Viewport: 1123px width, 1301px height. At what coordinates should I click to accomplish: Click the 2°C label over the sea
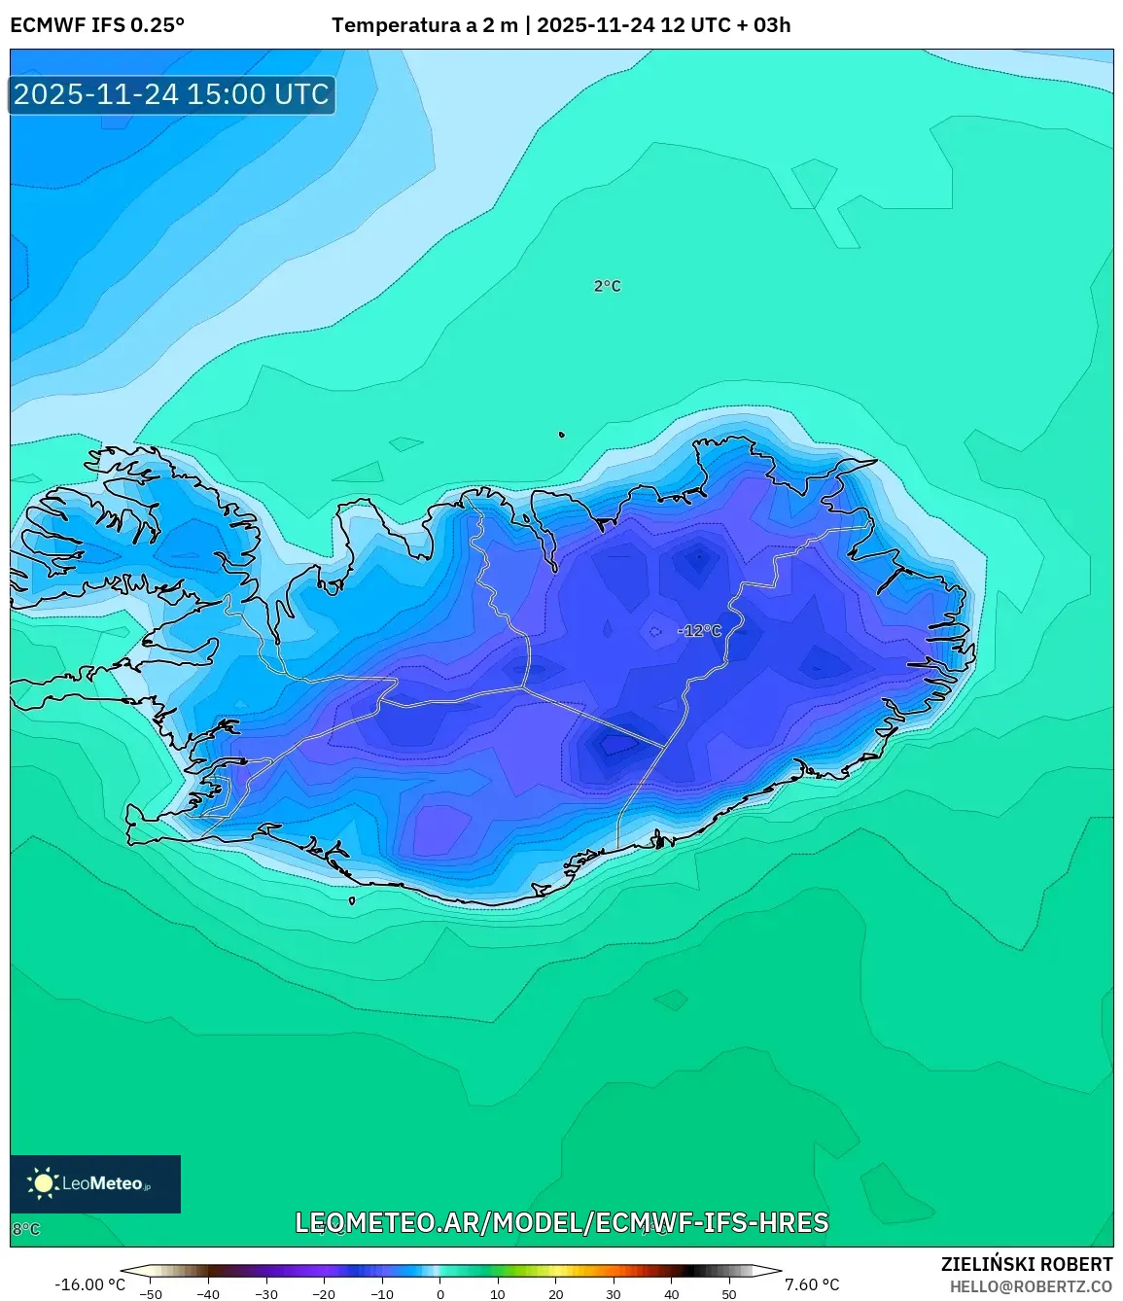[607, 286]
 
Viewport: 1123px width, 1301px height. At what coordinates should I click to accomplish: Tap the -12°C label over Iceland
[700, 631]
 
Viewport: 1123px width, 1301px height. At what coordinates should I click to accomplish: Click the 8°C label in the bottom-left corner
[26, 1229]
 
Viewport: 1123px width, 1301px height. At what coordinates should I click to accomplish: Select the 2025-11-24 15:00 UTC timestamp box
[172, 94]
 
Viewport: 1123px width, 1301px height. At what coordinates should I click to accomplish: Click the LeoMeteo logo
[95, 1183]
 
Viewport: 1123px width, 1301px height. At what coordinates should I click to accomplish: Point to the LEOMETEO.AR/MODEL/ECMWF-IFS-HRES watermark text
[561, 1222]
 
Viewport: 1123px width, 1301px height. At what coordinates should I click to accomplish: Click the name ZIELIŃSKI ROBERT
[1026, 1264]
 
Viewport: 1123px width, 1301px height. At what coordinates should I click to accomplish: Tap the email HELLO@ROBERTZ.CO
[1031, 1286]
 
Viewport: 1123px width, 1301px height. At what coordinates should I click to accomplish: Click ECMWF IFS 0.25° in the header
[97, 25]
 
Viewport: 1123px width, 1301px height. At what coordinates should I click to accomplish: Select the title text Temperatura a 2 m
[424, 25]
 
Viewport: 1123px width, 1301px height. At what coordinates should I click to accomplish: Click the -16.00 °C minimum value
[89, 1284]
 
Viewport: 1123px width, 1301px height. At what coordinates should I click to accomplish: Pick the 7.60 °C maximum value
[812, 1284]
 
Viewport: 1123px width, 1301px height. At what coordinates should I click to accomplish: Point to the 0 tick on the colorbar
[440, 1294]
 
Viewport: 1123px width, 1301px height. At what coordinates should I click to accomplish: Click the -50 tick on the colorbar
[151, 1294]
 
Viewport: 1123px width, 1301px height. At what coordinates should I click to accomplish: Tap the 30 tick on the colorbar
[614, 1294]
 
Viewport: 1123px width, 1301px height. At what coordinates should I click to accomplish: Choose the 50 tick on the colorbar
[729, 1294]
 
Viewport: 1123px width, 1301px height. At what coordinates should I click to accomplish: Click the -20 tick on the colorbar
[324, 1294]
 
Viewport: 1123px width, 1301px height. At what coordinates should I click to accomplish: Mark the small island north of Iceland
[561, 435]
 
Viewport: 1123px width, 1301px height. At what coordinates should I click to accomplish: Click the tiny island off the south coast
[352, 900]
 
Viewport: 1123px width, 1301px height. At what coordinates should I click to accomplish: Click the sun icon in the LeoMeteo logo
[43, 1183]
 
